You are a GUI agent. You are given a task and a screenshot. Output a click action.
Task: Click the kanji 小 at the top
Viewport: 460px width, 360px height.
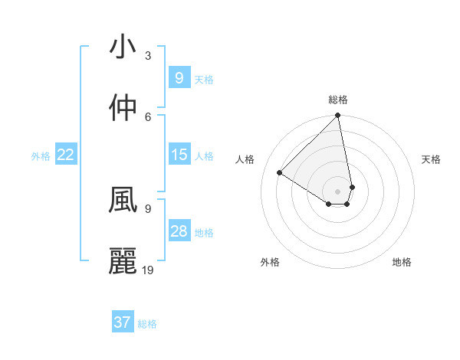tap(122, 47)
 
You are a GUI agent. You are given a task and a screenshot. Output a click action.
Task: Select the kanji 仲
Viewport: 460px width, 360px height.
tap(122, 107)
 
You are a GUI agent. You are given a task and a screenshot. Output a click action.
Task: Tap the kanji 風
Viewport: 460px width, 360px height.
tap(122, 200)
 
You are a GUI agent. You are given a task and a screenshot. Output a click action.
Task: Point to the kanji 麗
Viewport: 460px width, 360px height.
tap(122, 261)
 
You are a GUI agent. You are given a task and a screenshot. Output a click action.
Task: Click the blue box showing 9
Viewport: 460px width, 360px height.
tap(179, 77)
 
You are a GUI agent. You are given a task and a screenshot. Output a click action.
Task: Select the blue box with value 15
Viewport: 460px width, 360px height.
tap(179, 155)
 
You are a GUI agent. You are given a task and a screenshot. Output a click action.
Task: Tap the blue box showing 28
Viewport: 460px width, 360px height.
tap(179, 231)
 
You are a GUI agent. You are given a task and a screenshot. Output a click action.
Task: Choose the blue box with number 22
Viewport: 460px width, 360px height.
tap(65, 155)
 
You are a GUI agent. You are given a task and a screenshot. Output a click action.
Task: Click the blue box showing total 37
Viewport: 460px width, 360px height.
tap(122, 322)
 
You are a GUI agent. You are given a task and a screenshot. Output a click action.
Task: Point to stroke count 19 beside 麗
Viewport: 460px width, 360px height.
tap(148, 270)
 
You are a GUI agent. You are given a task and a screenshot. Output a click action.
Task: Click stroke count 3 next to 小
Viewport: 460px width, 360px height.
tap(148, 55)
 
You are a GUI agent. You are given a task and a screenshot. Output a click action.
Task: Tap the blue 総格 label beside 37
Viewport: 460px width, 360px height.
tap(147, 324)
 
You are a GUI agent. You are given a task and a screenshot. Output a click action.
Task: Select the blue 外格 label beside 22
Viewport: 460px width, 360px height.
tap(41, 156)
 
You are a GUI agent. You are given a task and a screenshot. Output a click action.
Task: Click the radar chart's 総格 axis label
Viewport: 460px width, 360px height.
tap(338, 100)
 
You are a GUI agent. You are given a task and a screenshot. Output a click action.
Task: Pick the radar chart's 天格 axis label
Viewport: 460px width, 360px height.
tap(432, 159)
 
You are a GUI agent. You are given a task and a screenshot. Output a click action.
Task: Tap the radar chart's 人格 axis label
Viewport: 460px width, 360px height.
tap(245, 159)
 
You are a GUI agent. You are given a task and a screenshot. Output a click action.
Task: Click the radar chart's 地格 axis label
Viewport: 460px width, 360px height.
tap(402, 262)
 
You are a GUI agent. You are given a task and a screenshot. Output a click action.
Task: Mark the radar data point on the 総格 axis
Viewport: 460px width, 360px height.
tap(338, 116)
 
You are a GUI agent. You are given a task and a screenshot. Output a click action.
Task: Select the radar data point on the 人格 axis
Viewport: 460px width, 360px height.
tap(280, 172)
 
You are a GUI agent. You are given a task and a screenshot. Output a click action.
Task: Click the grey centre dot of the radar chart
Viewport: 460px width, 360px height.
tap(338, 191)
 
